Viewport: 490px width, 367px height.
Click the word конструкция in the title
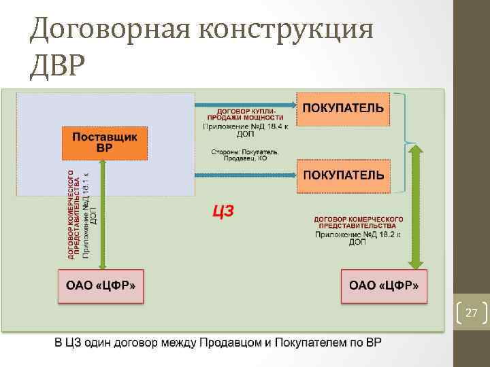(x=286, y=31)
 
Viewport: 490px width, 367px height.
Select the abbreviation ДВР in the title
(x=59, y=66)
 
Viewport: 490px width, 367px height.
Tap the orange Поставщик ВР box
(x=105, y=143)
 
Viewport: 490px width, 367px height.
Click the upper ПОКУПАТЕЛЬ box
(x=343, y=109)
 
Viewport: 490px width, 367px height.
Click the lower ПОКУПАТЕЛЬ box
(x=343, y=175)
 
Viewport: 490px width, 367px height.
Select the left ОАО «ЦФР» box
(x=101, y=286)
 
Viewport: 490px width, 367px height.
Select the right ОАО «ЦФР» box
(x=384, y=286)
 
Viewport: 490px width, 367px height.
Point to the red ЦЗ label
(x=223, y=211)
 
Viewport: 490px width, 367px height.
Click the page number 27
(x=471, y=313)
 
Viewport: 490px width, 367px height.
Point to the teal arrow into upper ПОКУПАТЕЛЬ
(x=245, y=105)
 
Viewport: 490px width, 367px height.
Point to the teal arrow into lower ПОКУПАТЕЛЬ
(x=245, y=175)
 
